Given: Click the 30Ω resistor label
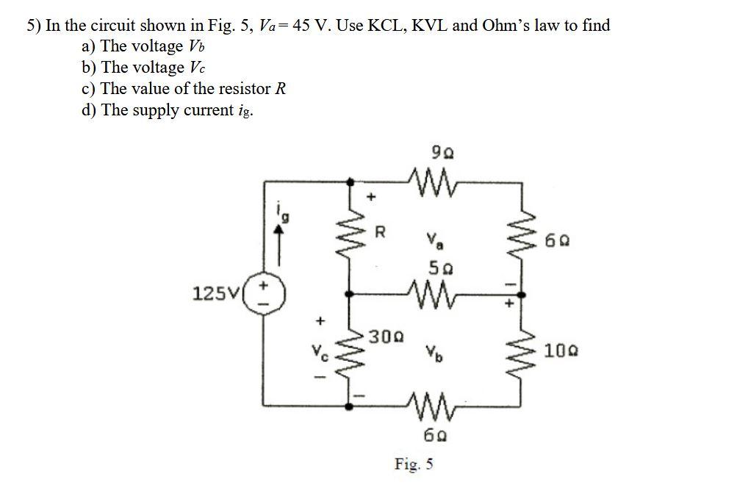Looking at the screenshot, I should (384, 337).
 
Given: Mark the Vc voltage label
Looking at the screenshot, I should (320, 351).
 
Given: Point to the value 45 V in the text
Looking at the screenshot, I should (312, 26).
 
